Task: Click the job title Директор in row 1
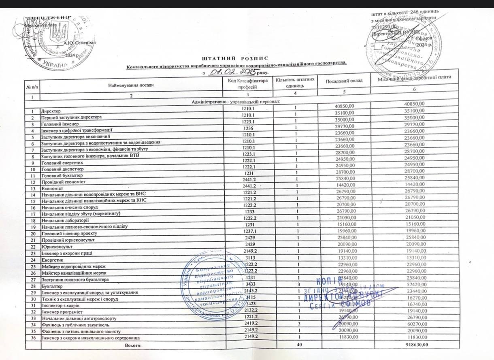pos(51,111)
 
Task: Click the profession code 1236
pos(250,129)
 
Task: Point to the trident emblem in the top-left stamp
pos(52,35)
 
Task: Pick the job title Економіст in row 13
pos(52,189)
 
